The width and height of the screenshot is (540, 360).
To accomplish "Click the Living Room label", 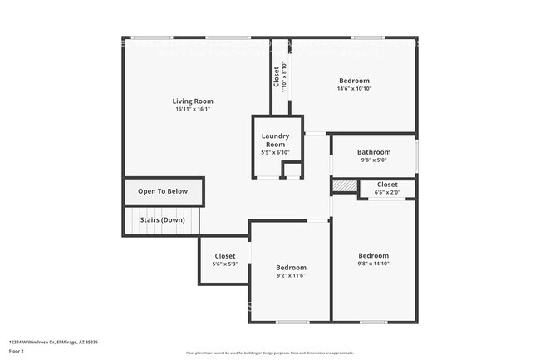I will point(193,101).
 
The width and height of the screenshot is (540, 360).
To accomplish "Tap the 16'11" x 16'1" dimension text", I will point(193,110).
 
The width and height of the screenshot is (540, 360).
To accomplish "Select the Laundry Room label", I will point(275,140).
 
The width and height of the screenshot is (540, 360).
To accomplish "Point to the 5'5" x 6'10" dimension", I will point(275,153).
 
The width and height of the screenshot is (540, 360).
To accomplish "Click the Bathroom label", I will point(373,152).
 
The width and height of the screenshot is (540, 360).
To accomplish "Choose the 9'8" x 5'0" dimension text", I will point(373,160).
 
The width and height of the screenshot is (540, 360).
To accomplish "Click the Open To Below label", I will point(163,191).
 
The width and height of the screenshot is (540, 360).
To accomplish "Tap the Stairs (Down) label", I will point(162,220).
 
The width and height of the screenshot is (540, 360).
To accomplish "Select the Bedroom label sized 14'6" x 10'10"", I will point(353,81).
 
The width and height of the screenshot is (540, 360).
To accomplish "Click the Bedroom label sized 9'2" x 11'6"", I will point(292,267).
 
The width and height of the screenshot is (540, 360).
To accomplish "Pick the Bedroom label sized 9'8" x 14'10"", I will point(373,255).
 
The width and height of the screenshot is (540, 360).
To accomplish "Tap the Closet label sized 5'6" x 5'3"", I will point(225,256).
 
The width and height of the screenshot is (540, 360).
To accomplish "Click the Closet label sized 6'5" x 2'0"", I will point(387,185).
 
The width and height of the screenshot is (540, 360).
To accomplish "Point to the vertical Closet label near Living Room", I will point(277,76).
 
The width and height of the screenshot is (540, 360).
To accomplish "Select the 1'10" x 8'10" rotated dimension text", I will point(284,76).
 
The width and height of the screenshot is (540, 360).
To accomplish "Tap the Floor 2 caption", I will point(17,350).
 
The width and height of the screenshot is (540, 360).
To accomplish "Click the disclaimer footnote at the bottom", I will point(269,353).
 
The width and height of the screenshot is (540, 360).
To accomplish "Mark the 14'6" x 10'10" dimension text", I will point(353,89).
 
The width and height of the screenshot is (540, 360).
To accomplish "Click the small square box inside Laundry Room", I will point(292,170).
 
